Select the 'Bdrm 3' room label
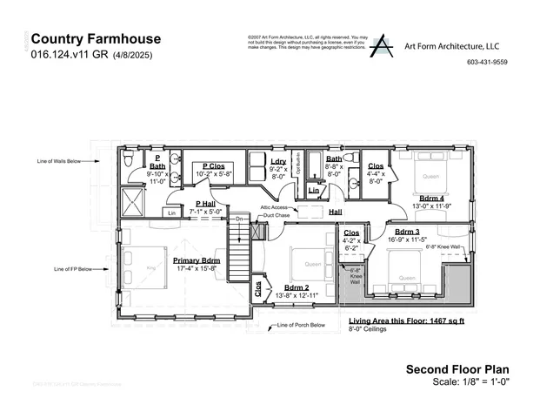[401, 231]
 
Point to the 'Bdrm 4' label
[432, 198]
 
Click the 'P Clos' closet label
[215, 165]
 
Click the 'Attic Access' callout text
[274, 207]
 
